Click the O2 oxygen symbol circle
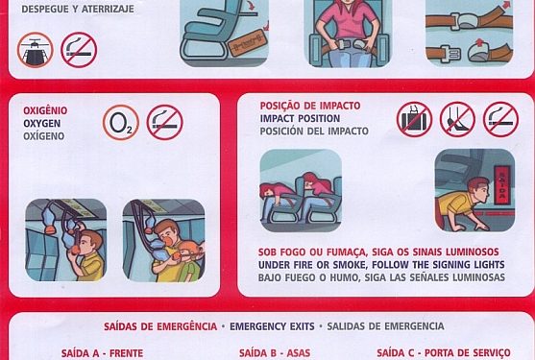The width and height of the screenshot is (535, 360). [x=121, y=123]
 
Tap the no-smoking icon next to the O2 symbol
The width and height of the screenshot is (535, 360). [x=165, y=122]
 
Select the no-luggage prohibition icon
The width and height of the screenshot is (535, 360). [x=414, y=119]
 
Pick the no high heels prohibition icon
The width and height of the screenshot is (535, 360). [x=457, y=119]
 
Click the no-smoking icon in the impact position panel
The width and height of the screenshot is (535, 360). [x=500, y=119]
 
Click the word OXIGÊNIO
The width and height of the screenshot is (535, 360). [x=45, y=110]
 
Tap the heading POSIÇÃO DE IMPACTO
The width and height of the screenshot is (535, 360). [x=310, y=106]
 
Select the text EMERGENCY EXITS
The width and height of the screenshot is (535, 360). [x=272, y=326]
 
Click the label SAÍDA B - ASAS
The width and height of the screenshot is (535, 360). [x=275, y=353]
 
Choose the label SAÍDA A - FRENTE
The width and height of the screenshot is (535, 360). [x=103, y=353]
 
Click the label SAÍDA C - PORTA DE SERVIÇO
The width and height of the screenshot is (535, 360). [x=444, y=353]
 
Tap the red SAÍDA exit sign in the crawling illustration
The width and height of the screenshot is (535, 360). [x=502, y=184]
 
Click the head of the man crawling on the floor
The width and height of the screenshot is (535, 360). [x=478, y=189]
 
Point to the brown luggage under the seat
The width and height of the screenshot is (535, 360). [x=247, y=42]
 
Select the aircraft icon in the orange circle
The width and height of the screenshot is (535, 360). [x=36, y=50]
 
